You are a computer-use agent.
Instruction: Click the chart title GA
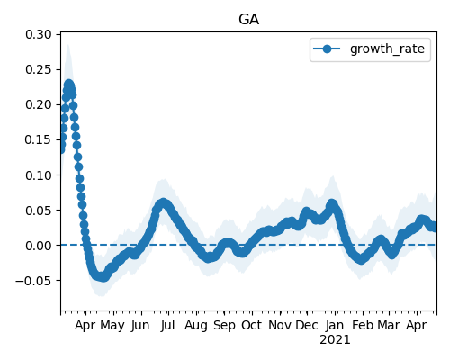point(248,20)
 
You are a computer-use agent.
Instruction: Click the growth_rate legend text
point(387,49)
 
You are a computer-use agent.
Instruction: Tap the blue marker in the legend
point(327,49)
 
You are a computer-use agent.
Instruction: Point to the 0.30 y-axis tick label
point(39,34)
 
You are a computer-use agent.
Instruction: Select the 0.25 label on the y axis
point(39,69)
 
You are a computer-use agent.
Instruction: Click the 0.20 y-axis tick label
point(39,104)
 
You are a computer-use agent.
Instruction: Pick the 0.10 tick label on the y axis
point(39,175)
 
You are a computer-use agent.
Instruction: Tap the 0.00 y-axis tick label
point(39,246)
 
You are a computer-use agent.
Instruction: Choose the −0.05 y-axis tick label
point(33,281)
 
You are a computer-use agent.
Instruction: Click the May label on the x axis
point(112,326)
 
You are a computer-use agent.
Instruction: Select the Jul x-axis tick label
point(167,325)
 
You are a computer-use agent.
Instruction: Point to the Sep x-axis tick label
point(224,326)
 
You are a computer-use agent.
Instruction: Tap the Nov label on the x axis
point(280,325)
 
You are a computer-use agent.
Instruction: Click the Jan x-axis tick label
point(335,325)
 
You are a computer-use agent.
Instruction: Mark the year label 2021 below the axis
point(335,340)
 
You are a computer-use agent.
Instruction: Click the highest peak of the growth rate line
point(69,85)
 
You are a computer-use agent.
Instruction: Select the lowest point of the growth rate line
point(103,277)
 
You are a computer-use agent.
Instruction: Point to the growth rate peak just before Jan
point(332,204)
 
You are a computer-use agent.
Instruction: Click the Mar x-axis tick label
point(389,325)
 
